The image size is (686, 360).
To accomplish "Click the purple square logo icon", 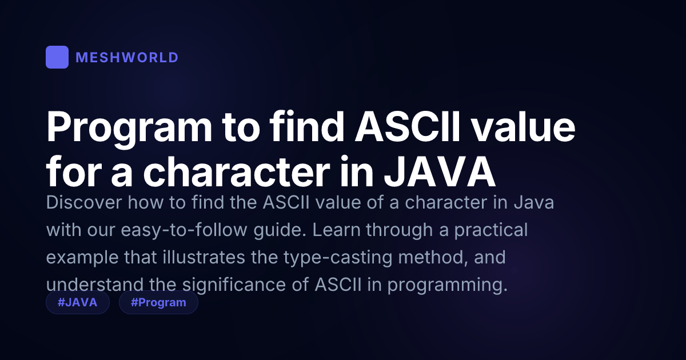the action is pos(57,57).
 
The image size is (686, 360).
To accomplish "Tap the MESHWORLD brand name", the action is pos(127,58).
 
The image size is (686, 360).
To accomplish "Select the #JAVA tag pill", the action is pos(78,302).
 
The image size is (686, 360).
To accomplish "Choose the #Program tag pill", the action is pos(158,302).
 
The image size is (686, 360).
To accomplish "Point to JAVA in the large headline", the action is pos(440,172).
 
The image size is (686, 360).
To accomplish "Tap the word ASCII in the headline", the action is pos(407,127).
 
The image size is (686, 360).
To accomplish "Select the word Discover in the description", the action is pos(84,202).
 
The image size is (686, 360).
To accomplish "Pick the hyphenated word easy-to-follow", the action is pos(184,230).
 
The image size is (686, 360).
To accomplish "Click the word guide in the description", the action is pos(280,230).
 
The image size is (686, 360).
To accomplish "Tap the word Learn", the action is pos(336,230).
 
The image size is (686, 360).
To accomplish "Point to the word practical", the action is pos(491,230).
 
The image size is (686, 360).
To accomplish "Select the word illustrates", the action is pos(204,257).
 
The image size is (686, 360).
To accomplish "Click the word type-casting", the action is pos(337,258).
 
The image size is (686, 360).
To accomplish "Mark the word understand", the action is pos(95,285).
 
